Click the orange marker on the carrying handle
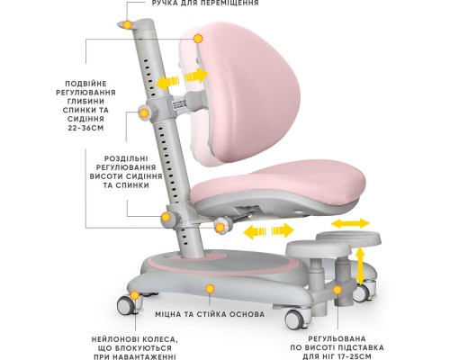pos(128,25)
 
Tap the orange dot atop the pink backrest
pos(198,39)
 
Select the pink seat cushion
pos(277,183)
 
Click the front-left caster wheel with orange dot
pos(126,305)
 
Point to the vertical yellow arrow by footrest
pos(360,265)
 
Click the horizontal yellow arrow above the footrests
pos(350,223)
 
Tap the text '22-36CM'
pos(85,128)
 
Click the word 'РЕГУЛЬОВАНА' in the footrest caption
pos(337,338)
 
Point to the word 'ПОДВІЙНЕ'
pos(85,84)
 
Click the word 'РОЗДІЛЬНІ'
pos(126,158)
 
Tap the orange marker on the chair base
pos(211,289)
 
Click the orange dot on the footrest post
pos(337,290)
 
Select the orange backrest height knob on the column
pos(144,113)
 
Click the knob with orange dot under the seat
pos(220,228)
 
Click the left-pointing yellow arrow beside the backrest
pos(167,82)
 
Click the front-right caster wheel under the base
pos(294,319)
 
